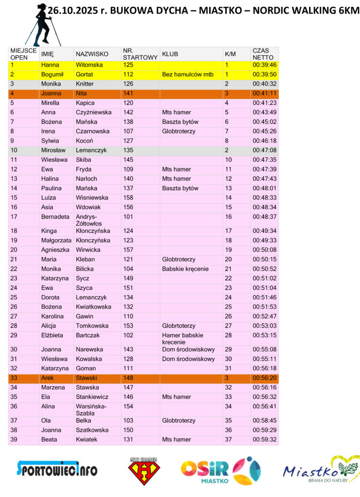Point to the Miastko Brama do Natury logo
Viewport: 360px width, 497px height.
coord(320,470)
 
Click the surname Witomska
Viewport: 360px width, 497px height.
coord(90,65)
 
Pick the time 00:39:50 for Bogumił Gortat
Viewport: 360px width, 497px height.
coord(264,74)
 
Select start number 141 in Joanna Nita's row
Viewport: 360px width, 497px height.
coord(128,93)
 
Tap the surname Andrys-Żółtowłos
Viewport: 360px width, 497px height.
coord(87,220)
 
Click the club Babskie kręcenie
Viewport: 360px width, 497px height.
coord(185,269)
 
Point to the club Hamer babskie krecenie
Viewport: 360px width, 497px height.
coord(182,338)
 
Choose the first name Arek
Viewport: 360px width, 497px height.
coord(48,378)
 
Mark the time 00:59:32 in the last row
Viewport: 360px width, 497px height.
coord(264,440)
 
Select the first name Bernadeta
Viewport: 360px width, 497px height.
coord(55,216)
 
